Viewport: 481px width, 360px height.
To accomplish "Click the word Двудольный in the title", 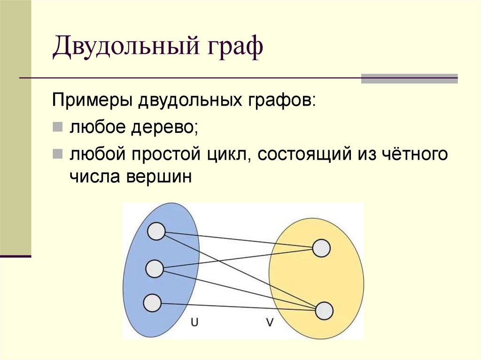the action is click(123, 49).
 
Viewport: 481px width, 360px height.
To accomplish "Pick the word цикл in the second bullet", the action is click(230, 154).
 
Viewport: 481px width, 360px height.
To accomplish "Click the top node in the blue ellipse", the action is click(156, 231).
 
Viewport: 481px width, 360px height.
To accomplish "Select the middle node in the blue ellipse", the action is click(155, 269).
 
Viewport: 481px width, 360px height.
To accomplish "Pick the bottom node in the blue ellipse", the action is click(152, 303).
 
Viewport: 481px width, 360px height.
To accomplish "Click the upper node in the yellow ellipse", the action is click(321, 248).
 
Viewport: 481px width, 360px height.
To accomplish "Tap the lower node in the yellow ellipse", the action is click(324, 311).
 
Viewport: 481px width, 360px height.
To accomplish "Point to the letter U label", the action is click(194, 322).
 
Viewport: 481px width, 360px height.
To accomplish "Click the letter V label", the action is click(270, 322).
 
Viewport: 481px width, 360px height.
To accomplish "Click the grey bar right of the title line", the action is click(409, 78).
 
